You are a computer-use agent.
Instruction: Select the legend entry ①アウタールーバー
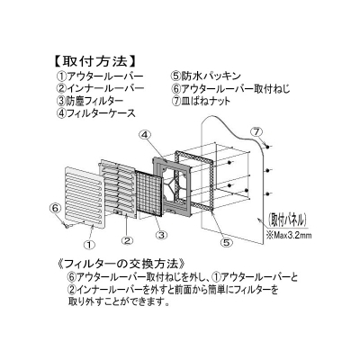(100, 76)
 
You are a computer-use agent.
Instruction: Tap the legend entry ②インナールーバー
(100, 88)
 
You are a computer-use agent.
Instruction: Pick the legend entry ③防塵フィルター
(90, 101)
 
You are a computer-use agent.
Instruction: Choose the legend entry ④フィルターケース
(96, 113)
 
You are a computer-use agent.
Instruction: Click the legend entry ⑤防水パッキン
(206, 76)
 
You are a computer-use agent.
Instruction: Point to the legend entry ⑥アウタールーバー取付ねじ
(230, 88)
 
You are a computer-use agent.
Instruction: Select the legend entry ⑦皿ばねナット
(201, 101)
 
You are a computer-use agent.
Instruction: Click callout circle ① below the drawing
(89, 244)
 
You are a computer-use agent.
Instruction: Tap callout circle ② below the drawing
(127, 240)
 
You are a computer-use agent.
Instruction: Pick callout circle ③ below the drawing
(161, 235)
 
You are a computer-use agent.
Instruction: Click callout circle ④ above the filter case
(145, 135)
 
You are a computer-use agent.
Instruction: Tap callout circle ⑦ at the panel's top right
(256, 131)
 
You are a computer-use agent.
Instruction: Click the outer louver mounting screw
(67, 224)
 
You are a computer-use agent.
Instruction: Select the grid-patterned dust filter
(149, 193)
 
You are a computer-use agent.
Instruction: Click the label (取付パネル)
(287, 220)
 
